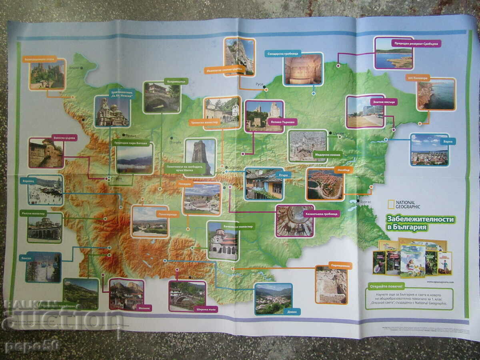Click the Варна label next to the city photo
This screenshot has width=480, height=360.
pyautogui.click(x=447, y=141)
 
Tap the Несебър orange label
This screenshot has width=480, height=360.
pyautogui.click(x=344, y=170)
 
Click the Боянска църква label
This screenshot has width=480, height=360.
pyautogui.click(x=64, y=137)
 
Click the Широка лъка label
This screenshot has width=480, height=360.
pyautogui.click(x=204, y=309)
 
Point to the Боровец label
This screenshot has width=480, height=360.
pyautogui.click(x=29, y=181)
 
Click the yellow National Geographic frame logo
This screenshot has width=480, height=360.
pyautogui.click(x=391, y=204)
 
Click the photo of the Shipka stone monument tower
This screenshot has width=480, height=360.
pyautogui.click(x=200, y=157)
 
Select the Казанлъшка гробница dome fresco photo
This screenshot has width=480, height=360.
pyautogui.click(x=295, y=221)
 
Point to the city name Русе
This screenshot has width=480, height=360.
pyautogui.click(x=259, y=85)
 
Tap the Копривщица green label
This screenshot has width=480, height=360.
pyautogui.click(x=176, y=81)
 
